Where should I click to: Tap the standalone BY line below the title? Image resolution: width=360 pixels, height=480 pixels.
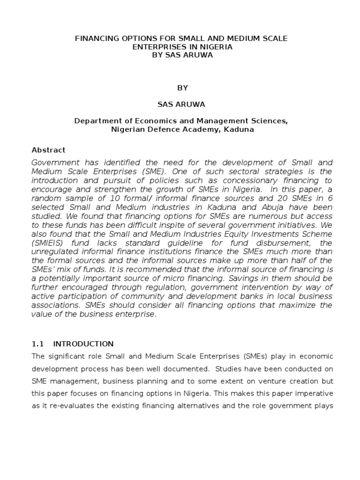[181, 88]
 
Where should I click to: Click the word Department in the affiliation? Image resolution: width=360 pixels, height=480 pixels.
[96, 121]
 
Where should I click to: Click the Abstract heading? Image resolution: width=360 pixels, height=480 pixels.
[48, 150]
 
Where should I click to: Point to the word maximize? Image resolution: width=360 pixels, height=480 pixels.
[301, 305]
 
